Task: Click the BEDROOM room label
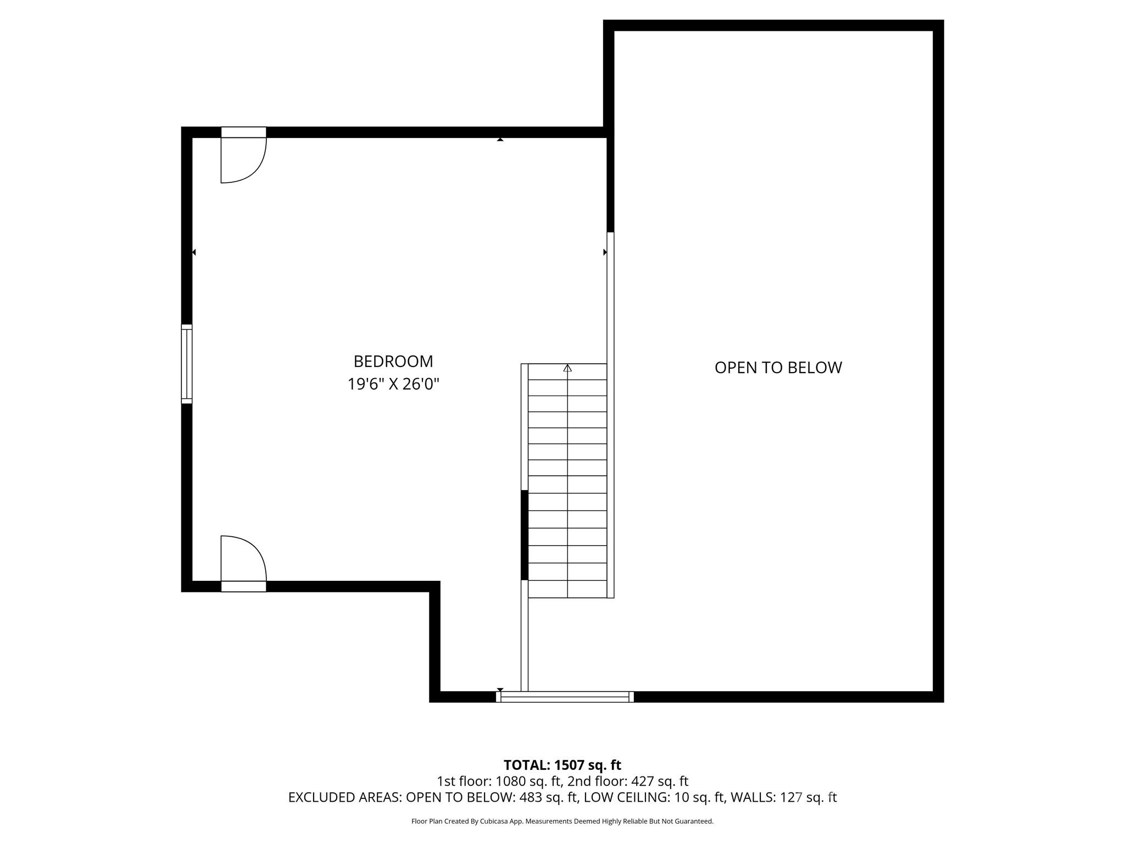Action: (x=393, y=361)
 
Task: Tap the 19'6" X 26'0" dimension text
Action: (x=393, y=384)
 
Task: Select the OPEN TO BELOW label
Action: (x=777, y=368)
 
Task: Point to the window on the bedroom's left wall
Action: (x=187, y=364)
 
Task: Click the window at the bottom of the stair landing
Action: (x=565, y=697)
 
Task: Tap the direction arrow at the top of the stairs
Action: (x=567, y=368)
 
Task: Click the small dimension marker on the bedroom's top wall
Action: (x=500, y=140)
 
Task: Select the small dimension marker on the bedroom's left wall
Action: (x=194, y=252)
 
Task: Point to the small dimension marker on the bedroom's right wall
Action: (x=605, y=252)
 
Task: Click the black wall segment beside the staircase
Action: (x=525, y=535)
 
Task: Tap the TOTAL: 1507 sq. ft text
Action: (x=562, y=765)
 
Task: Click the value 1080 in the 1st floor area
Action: (x=510, y=781)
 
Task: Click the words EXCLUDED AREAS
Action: (x=344, y=797)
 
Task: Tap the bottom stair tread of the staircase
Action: (x=567, y=589)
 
